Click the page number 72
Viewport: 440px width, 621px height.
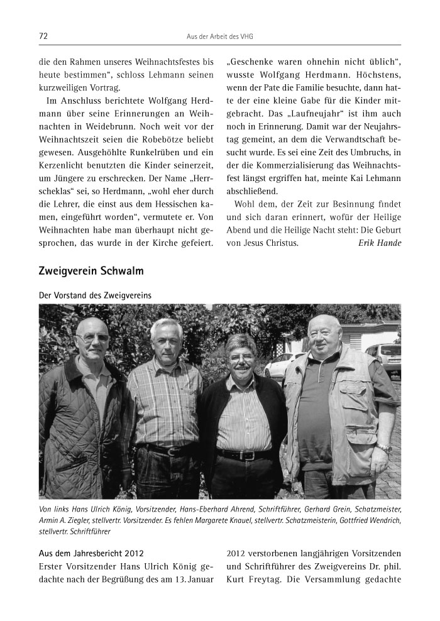(x=43, y=36)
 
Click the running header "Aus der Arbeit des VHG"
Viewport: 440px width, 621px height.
(x=220, y=36)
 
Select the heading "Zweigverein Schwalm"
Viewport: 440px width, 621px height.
(x=91, y=271)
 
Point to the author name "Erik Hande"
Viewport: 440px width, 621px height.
(x=380, y=242)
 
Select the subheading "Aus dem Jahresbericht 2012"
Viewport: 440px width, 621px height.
(x=91, y=553)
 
